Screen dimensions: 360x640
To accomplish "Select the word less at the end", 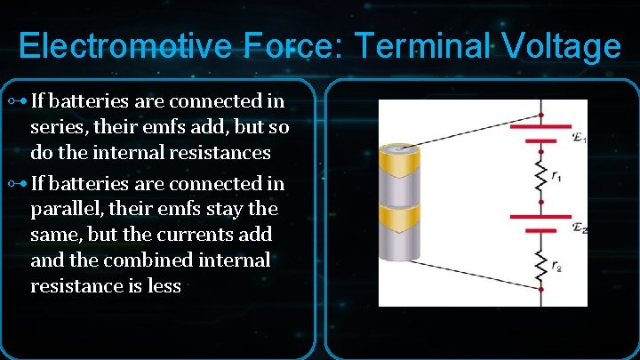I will [x=164, y=286].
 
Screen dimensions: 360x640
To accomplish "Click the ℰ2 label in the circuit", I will [x=580, y=228].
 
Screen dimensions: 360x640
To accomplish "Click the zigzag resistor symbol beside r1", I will [x=540, y=175].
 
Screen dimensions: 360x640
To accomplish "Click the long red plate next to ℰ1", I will [x=540, y=127].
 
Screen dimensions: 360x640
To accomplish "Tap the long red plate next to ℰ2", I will [x=540, y=216].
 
